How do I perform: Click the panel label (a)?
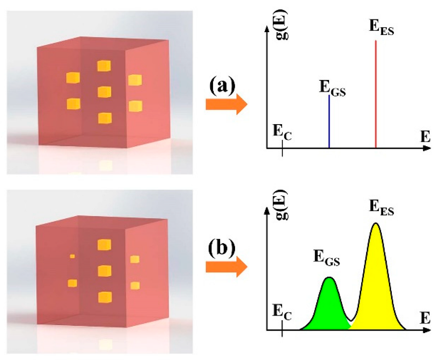coord(222,86)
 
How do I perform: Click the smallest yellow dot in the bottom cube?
coord(72,256)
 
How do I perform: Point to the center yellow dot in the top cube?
coord(104,92)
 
